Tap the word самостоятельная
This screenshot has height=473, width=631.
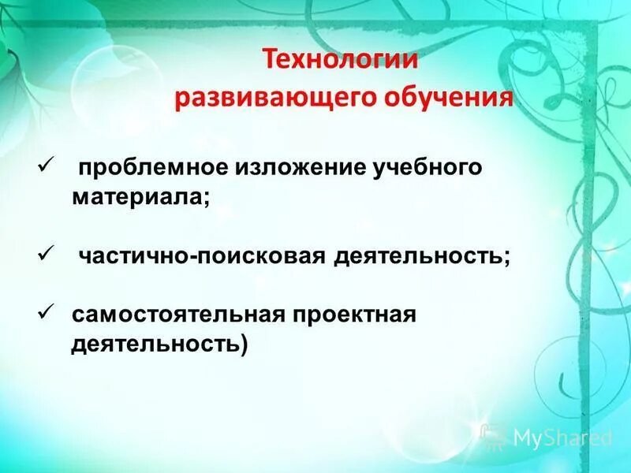coord(178,315)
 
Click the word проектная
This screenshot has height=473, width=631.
coord(354,315)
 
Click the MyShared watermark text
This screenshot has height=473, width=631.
coord(562,438)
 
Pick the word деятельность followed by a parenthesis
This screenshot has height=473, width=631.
coord(154,345)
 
